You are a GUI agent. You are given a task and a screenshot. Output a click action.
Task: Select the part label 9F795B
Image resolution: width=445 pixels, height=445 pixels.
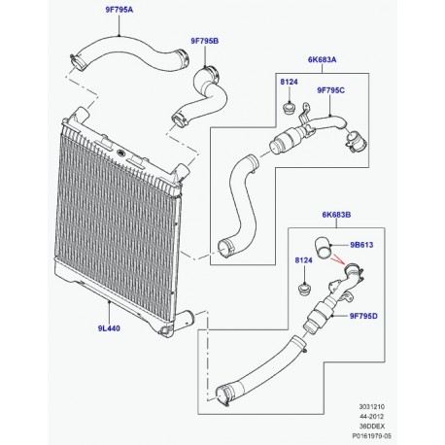click(x=198, y=42)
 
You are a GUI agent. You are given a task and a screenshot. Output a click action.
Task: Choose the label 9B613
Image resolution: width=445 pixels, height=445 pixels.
click(x=356, y=246)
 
